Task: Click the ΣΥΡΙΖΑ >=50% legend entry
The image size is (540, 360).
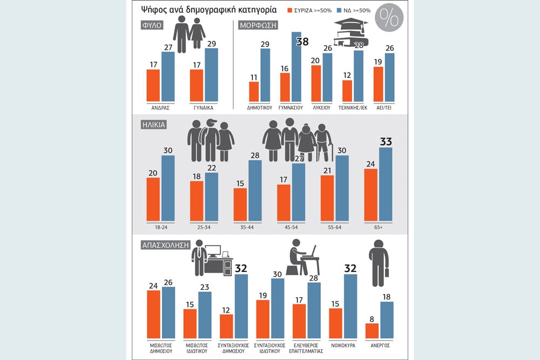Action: coord(309,11)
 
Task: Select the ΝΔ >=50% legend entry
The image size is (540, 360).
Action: coord(354,11)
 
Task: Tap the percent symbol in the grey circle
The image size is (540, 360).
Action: coord(389,17)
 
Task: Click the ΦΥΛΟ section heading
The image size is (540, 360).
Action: coord(152,25)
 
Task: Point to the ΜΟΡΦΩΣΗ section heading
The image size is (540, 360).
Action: coord(258,25)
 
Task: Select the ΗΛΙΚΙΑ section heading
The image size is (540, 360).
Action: coord(154,125)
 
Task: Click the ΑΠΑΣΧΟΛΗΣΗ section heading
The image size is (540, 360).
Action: coord(166,245)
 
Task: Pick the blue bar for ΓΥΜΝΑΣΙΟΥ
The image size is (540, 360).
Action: coord(296,67)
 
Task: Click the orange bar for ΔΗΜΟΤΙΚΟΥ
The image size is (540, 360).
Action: coord(254,92)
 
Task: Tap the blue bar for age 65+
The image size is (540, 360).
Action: coord(386,185)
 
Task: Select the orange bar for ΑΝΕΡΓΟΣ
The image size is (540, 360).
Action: coord(372,331)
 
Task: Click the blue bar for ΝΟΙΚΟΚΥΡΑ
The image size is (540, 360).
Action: coord(350,307)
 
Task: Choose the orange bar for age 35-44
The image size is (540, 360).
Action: coord(240,205)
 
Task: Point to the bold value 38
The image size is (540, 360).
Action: coord(302,42)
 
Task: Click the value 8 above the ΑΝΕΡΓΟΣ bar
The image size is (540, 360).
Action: coord(372,319)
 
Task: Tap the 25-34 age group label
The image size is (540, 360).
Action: coord(204,227)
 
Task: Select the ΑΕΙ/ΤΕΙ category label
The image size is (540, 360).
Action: coord(384,108)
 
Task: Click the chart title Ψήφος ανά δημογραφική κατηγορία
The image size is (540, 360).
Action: coord(208,10)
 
